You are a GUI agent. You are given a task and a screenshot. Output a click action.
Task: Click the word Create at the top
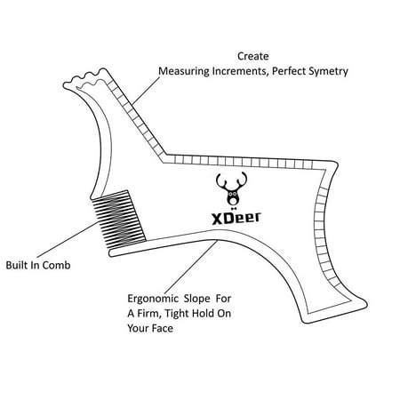point(253,56)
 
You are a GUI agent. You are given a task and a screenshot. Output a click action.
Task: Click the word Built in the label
point(17,265)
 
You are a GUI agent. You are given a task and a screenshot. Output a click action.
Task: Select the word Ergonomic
point(153,299)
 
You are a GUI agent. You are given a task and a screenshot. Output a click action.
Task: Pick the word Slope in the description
point(196,299)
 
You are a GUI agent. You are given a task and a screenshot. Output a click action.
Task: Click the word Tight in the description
point(177,314)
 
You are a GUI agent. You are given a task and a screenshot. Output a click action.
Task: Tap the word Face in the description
point(162,328)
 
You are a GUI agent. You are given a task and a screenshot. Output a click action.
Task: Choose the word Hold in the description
point(203,313)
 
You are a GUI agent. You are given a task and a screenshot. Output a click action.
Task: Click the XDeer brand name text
point(236,218)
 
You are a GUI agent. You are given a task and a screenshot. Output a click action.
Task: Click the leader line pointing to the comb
point(68,240)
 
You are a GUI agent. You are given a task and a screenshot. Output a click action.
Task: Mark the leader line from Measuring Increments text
point(146,91)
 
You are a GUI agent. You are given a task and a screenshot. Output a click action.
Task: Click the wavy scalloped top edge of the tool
point(84,78)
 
